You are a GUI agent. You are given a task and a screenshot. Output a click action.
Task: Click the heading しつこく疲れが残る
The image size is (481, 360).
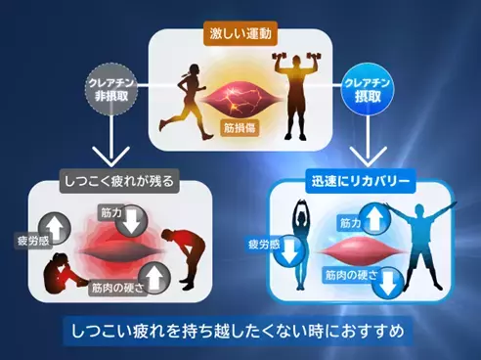[x=109, y=181]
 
